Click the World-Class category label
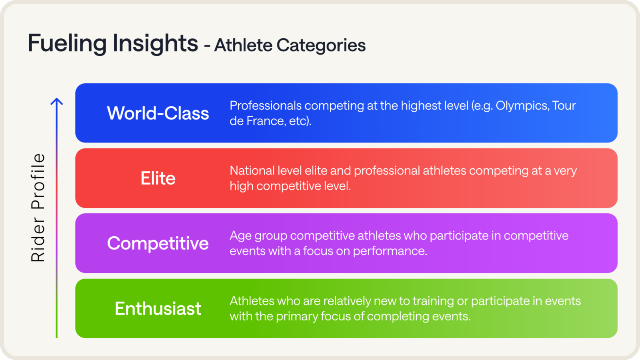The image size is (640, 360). point(158,113)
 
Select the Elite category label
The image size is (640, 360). point(158,178)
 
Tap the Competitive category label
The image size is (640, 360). point(158,243)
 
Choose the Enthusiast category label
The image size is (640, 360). point(158,309)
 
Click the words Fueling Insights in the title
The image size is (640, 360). point(113,43)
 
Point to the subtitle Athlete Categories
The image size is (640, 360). point(290,45)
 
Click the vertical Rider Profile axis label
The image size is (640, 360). point(38,208)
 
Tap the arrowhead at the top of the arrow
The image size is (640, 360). point(57,101)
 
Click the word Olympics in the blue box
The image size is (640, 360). point(522,106)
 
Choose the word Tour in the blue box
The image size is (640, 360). point(564,106)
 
